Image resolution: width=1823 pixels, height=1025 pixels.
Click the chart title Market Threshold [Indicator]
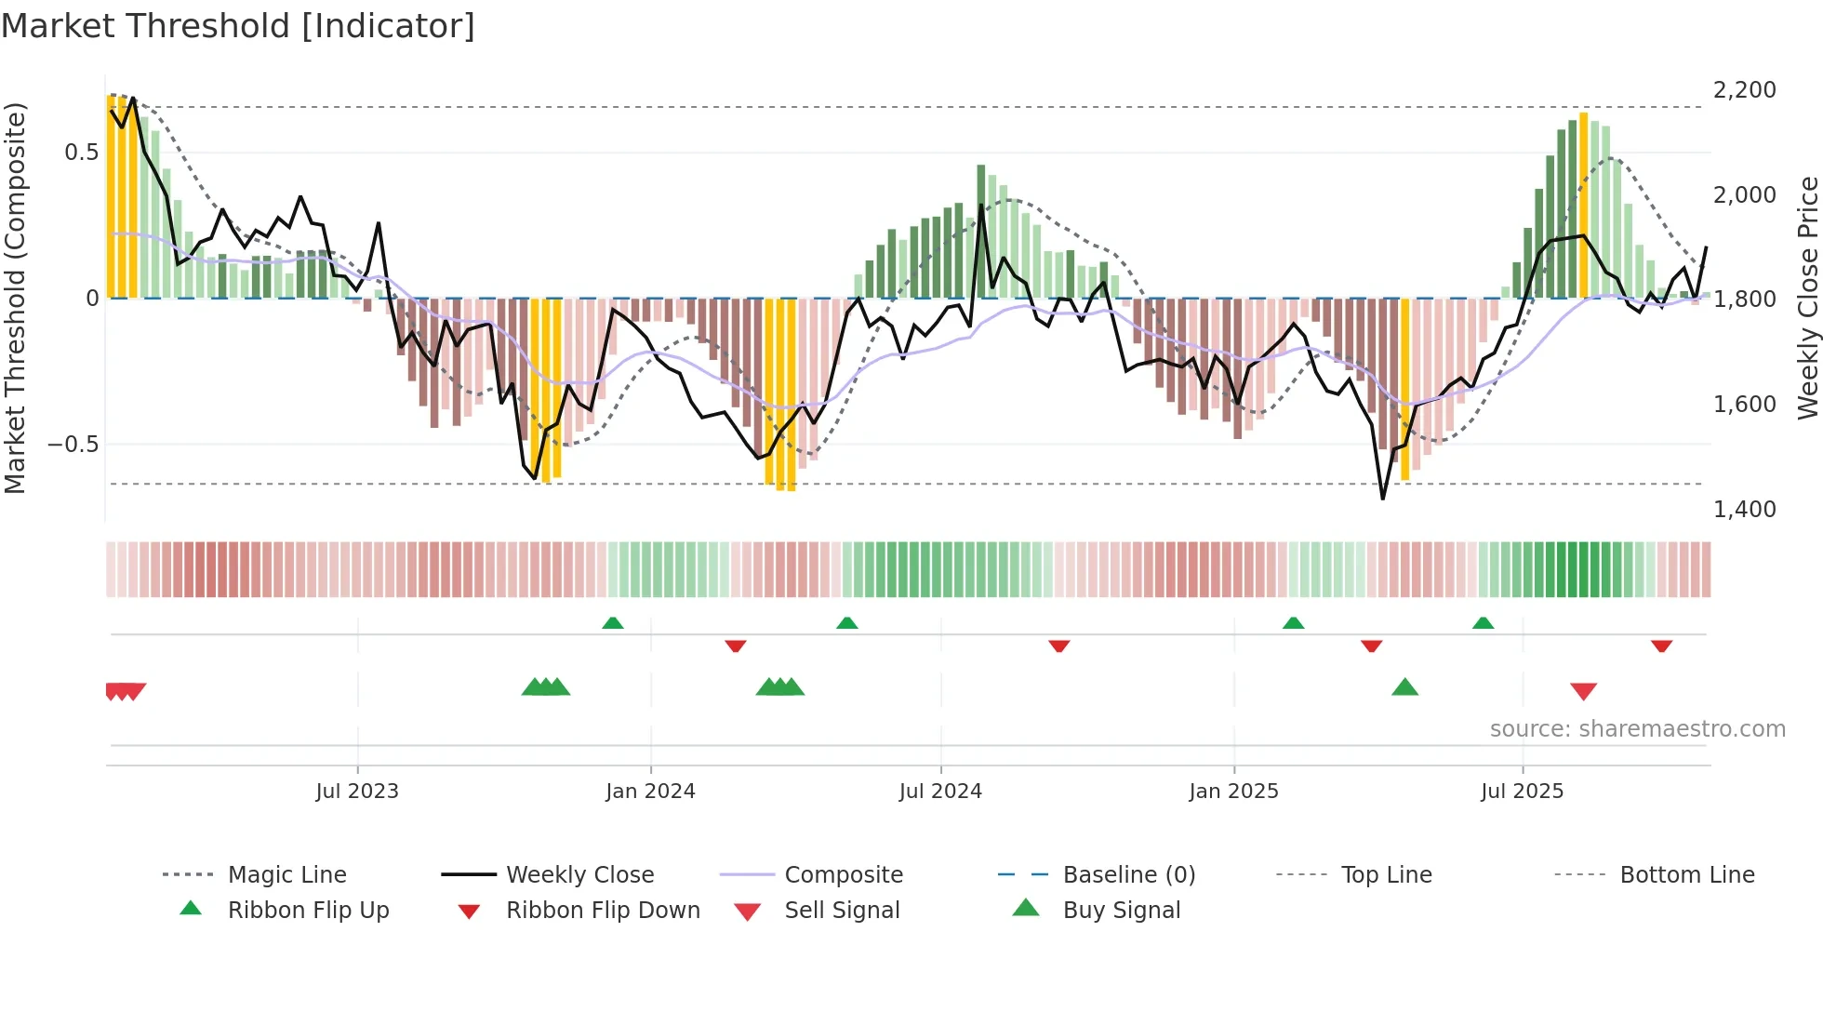238,26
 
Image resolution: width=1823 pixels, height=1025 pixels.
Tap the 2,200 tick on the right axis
1744,90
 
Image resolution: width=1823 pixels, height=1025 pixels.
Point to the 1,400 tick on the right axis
1744,509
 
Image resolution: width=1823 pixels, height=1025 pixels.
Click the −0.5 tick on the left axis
73,444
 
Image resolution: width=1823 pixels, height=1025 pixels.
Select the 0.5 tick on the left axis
81,152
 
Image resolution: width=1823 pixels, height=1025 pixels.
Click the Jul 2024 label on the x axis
940,791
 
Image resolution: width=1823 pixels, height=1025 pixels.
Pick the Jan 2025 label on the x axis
1233,791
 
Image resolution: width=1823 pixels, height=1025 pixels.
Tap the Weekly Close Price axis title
1807,298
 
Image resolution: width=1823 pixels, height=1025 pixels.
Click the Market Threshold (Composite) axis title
15,298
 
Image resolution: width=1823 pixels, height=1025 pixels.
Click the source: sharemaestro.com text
1637,728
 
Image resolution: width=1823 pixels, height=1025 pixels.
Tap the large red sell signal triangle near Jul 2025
1583,691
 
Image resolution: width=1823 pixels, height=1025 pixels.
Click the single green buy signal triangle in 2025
1404,687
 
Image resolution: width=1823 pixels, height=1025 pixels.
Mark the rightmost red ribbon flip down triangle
1661,646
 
